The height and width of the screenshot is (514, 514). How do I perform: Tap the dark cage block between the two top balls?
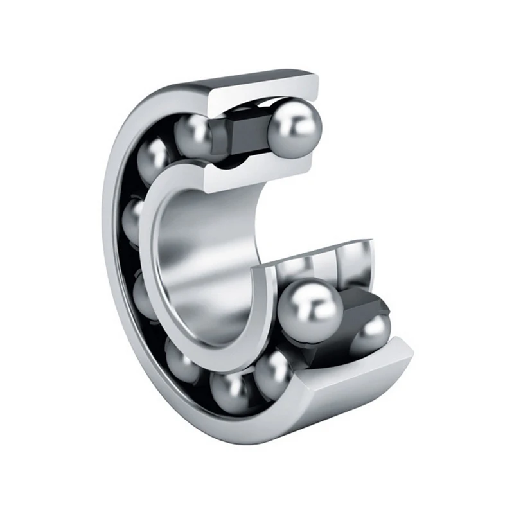[x=245, y=131]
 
